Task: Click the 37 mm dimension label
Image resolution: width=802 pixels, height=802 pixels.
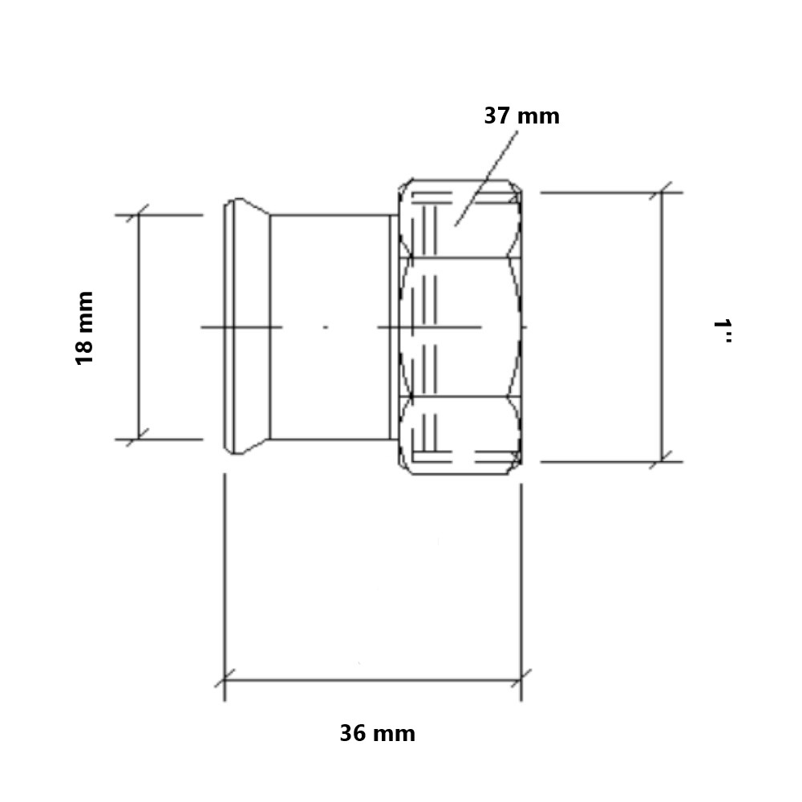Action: pos(522,116)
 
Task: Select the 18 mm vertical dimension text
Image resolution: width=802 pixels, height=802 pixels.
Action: pos(84,328)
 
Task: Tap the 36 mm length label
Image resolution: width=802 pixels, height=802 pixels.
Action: pos(378,734)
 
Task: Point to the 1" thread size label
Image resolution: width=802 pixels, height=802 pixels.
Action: pos(723,330)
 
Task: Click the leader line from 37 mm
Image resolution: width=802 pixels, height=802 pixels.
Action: pos(486,179)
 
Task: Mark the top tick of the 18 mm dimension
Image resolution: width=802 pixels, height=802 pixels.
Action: pos(139,215)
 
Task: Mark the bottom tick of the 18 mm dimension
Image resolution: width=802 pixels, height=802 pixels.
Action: pos(139,439)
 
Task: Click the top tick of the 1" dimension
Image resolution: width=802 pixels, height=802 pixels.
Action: pos(662,192)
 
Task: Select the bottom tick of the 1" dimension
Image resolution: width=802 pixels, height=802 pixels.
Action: pos(662,461)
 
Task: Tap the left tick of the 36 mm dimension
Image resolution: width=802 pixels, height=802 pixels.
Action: pos(225,680)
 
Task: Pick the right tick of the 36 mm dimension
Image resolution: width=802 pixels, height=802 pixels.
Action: pos(521,680)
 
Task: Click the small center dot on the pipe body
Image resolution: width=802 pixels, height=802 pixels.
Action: pos(326,327)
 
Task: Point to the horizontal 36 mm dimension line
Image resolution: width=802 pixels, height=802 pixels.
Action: pos(373,680)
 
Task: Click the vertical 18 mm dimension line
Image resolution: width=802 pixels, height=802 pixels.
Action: pos(139,327)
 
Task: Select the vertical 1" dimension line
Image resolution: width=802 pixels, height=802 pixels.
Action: pos(662,327)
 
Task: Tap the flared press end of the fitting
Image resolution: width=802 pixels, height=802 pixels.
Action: pos(247,326)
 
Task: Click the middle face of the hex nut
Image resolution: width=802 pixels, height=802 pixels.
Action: pos(460,327)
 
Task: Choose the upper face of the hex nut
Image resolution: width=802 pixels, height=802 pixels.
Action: pos(460,218)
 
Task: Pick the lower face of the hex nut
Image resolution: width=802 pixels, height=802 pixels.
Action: pos(460,435)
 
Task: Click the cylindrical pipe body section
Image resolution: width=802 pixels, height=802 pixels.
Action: pos(330,327)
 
